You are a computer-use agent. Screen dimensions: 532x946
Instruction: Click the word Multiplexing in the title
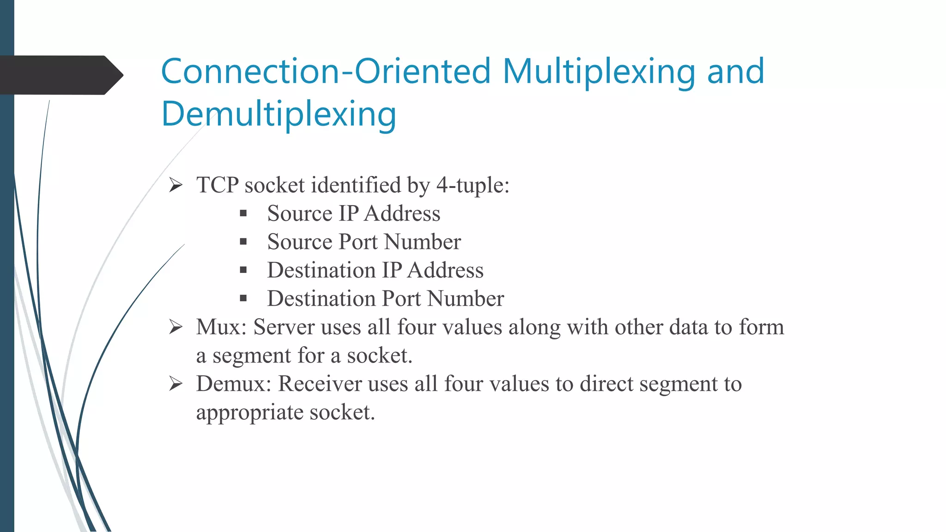[599, 73]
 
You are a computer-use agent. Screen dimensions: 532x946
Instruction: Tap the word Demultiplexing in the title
[279, 115]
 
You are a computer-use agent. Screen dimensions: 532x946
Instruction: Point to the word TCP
[217, 185]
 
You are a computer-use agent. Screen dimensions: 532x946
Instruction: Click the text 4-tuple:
[473, 186]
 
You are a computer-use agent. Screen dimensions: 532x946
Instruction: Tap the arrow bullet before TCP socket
[176, 185]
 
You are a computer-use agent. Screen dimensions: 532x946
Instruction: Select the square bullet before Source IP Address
[243, 213]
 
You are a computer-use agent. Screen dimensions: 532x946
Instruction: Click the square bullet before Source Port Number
[243, 242]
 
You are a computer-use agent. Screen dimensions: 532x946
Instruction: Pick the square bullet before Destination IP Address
[243, 270]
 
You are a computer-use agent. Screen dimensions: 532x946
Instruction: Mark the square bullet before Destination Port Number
[243, 299]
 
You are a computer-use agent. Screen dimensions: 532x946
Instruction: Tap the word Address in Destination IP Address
[445, 270]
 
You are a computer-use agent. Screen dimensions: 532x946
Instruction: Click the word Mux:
[221, 327]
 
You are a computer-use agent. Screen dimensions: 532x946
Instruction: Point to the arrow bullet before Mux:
[176, 327]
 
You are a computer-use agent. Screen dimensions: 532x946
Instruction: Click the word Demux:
[233, 384]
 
